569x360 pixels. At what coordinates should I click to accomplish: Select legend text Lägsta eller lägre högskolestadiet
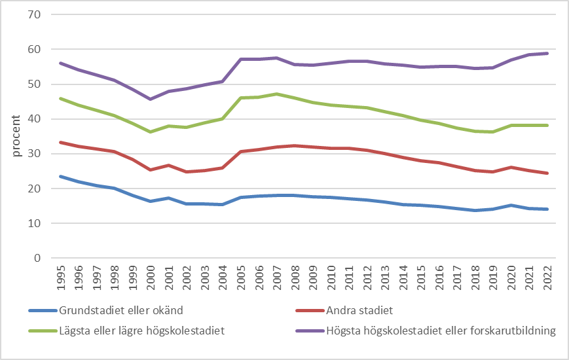pos(142,331)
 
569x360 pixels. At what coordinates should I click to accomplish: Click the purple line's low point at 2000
pos(151,99)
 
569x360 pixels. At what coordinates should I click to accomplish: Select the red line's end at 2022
pos(547,173)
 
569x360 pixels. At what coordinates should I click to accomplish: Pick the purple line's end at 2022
pos(547,54)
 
